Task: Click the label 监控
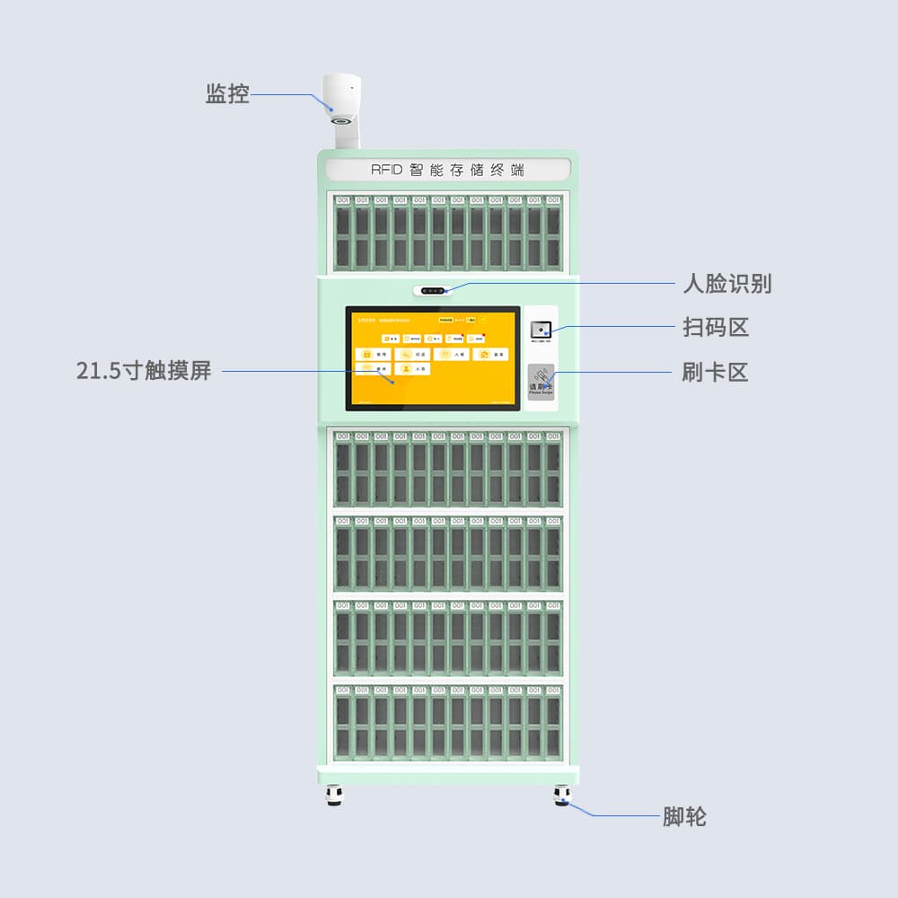coord(227,93)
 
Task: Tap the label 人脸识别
coord(726,284)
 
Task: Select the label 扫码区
coord(715,327)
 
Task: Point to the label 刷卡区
coord(715,371)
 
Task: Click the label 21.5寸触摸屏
coord(144,370)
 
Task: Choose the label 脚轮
coord(684,816)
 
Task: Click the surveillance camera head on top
coord(341,96)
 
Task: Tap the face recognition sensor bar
coord(435,291)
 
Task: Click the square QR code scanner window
coord(541,329)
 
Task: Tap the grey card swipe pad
coord(541,382)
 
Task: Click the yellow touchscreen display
coord(433,358)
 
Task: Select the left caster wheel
coord(334,795)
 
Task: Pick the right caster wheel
coord(562,795)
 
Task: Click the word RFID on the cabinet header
coord(389,170)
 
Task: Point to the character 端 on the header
coord(517,170)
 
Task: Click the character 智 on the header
coord(416,170)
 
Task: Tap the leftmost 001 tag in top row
coord(342,199)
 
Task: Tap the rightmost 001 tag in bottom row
coord(553,690)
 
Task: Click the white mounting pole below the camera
coord(347,135)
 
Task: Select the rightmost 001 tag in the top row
coord(553,199)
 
